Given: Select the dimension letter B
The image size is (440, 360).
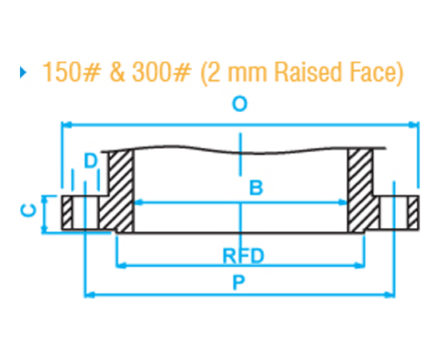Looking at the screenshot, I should (256, 189).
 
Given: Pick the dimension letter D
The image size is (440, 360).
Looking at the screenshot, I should (91, 161).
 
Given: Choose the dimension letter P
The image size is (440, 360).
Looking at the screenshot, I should (239, 282).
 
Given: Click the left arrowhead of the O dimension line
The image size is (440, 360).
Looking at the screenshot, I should (66, 125).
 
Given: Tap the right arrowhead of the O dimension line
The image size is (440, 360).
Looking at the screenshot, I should (415, 125).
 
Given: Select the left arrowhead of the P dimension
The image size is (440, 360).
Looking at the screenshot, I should (89, 295).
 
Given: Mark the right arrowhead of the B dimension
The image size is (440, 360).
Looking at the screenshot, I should (345, 202).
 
